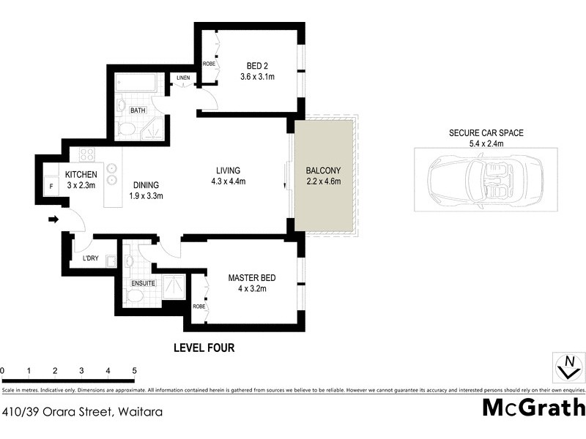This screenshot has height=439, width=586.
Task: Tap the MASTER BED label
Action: pyautogui.click(x=251, y=277)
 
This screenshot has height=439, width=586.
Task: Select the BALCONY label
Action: pyautogui.click(x=323, y=170)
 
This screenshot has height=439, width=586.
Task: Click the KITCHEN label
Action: pyautogui.click(x=81, y=174)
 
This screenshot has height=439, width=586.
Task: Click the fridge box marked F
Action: pyautogui.click(x=51, y=187)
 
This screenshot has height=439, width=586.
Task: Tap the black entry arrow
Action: pyautogui.click(x=53, y=219)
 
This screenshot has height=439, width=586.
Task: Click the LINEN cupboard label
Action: pyautogui.click(x=183, y=78)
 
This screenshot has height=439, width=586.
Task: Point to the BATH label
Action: pyautogui.click(x=138, y=110)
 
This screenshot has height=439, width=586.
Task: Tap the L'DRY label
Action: pyautogui.click(x=90, y=259)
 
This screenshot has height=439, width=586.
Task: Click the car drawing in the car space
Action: pyautogui.click(x=486, y=179)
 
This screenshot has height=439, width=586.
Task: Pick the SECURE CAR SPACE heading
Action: pyautogui.click(x=486, y=133)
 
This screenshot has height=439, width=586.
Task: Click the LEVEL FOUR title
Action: pyautogui.click(x=204, y=348)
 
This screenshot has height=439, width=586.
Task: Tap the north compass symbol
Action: pyautogui.click(x=567, y=367)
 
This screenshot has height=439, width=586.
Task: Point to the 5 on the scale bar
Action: pyautogui.click(x=134, y=371)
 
